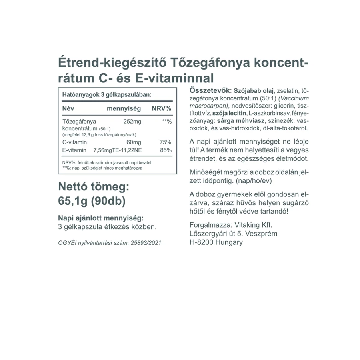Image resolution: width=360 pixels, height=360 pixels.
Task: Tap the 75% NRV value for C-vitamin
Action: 165,142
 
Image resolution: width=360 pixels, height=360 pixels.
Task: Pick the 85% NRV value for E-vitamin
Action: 165,150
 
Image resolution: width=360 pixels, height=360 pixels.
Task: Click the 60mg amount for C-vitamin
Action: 134,142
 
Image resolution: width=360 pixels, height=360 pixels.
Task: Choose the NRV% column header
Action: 161,109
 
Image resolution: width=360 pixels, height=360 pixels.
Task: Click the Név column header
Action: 68,109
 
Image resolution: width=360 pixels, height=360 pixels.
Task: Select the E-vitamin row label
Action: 75,150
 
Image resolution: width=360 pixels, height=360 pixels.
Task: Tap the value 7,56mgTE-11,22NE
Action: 118,150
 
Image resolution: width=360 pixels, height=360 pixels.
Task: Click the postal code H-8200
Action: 203,243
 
